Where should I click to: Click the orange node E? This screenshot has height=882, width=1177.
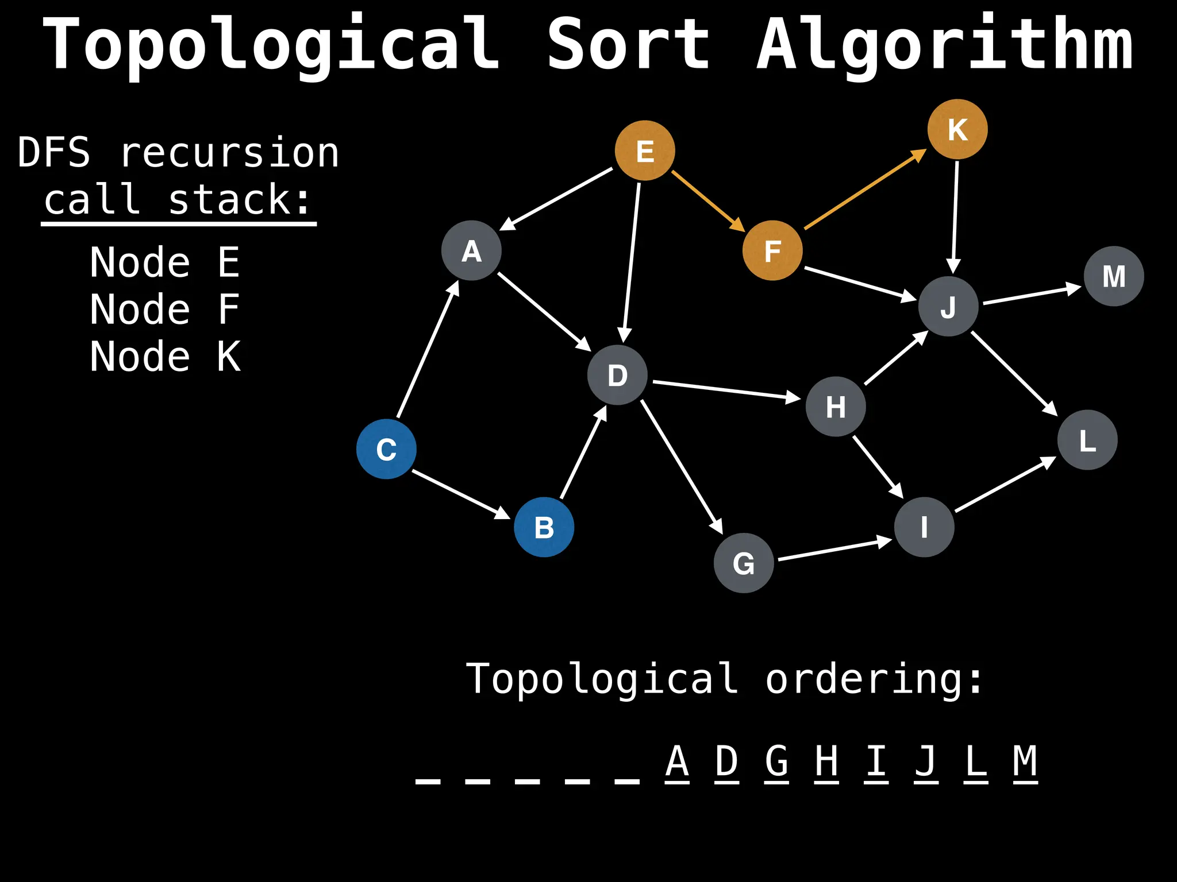click(x=645, y=150)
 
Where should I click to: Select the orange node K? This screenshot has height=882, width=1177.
click(x=957, y=129)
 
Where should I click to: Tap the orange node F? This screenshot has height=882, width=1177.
click(x=772, y=250)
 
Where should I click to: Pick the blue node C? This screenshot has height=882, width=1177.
click(x=386, y=449)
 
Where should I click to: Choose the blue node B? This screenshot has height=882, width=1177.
click(x=544, y=527)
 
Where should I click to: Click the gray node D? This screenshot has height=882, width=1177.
click(x=617, y=375)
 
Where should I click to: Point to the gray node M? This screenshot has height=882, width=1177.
click(x=1114, y=276)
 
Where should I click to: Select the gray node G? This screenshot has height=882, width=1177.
click(x=744, y=563)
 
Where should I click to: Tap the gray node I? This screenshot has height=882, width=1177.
click(x=924, y=527)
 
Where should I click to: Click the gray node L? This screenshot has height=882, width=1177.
click(x=1087, y=440)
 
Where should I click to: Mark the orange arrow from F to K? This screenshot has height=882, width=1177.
click(x=865, y=189)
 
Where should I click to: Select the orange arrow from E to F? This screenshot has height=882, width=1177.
click(x=708, y=200)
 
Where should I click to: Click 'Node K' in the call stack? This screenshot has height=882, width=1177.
click(x=165, y=357)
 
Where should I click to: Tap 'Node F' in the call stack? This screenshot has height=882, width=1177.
click(x=165, y=310)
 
